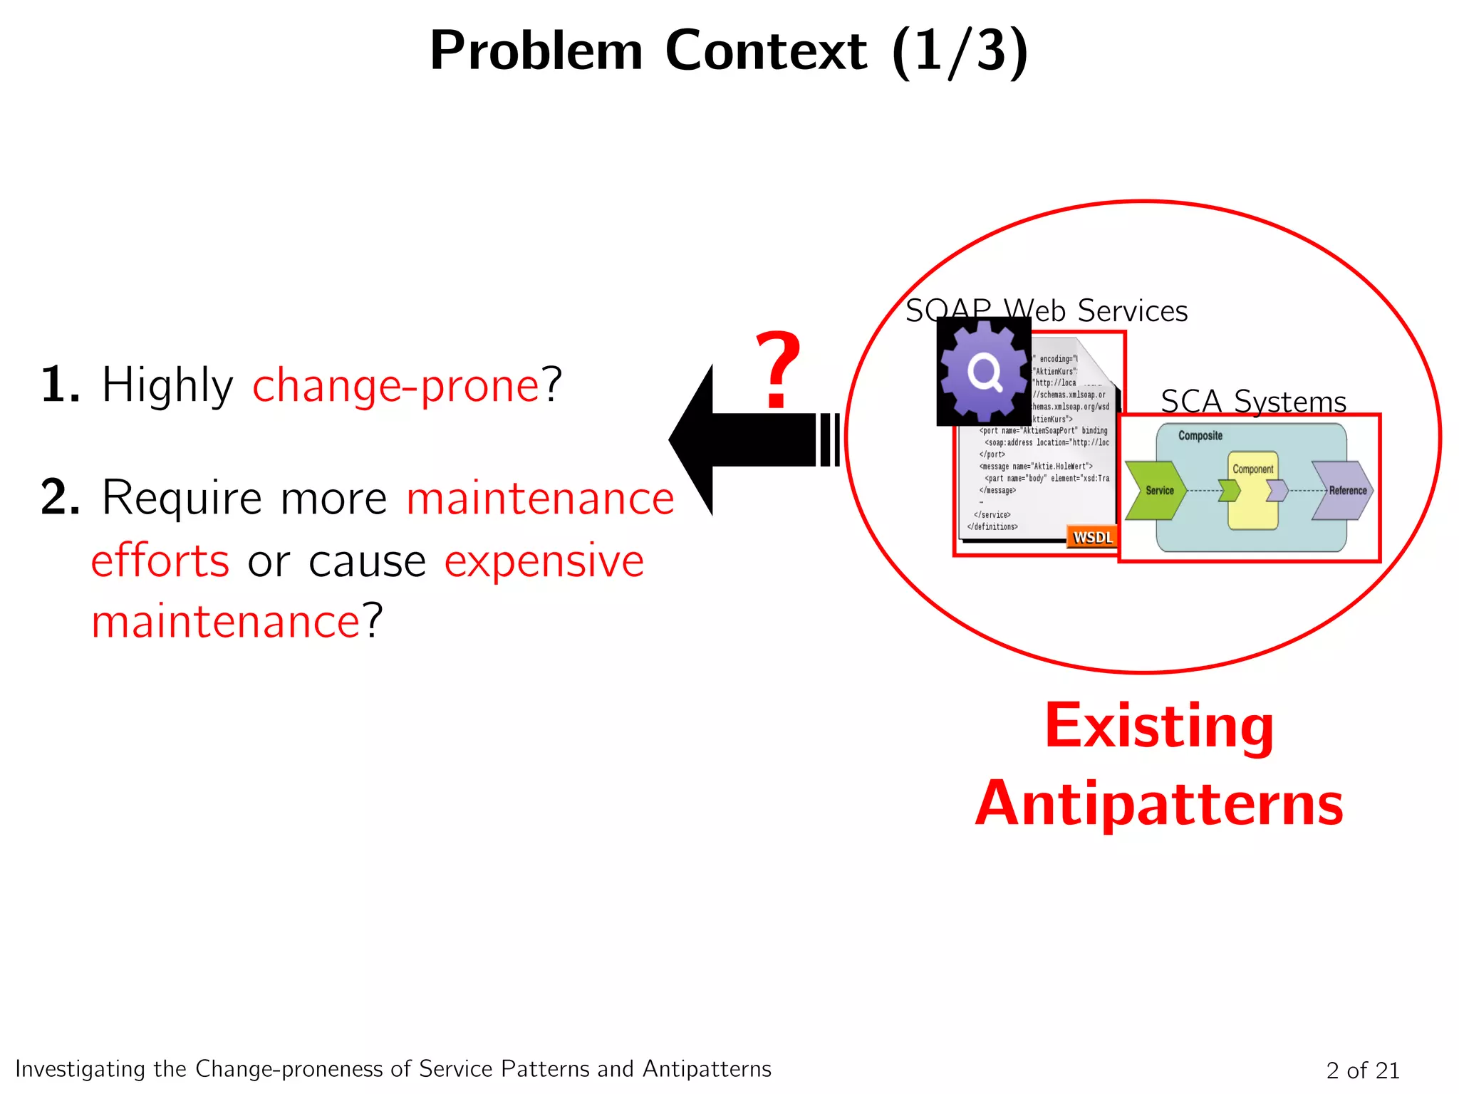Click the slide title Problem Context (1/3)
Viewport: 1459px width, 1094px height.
(x=729, y=51)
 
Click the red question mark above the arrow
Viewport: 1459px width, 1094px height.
(x=778, y=370)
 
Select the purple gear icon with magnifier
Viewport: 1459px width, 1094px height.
(x=984, y=371)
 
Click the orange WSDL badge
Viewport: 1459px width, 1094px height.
(x=1091, y=537)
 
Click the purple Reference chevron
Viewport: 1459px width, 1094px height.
(x=1343, y=490)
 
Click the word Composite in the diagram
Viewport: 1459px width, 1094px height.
(x=1200, y=435)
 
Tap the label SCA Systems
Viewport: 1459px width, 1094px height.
(x=1253, y=401)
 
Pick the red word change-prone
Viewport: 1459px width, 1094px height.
(x=396, y=385)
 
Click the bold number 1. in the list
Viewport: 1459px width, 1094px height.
(x=60, y=385)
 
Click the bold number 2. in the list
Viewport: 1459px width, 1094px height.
(x=60, y=497)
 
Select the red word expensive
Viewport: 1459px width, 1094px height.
(x=544, y=561)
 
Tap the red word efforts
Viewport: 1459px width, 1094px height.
(x=160, y=561)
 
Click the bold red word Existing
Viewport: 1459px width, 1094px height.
(x=1159, y=726)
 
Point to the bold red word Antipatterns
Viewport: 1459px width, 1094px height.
(x=1159, y=803)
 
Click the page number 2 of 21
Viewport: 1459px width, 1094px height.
(x=1362, y=1070)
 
